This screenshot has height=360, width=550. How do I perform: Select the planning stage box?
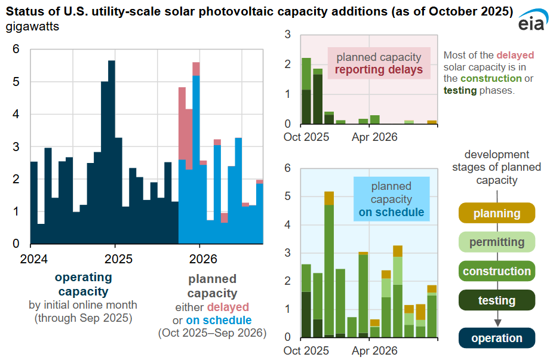[x=496, y=214]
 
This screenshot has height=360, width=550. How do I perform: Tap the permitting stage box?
[x=496, y=242]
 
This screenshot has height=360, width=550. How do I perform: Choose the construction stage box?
[x=496, y=271]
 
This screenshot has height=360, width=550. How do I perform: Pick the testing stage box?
[x=496, y=300]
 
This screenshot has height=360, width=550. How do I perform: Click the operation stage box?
[x=496, y=338]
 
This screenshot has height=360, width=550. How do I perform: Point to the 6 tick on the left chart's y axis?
[x=16, y=49]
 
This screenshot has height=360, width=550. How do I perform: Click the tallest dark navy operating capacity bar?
[x=111, y=149]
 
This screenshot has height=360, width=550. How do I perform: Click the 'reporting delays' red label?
[x=379, y=70]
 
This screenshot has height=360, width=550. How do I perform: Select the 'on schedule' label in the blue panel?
[x=391, y=212]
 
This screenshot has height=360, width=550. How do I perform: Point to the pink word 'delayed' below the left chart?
[x=228, y=307]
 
